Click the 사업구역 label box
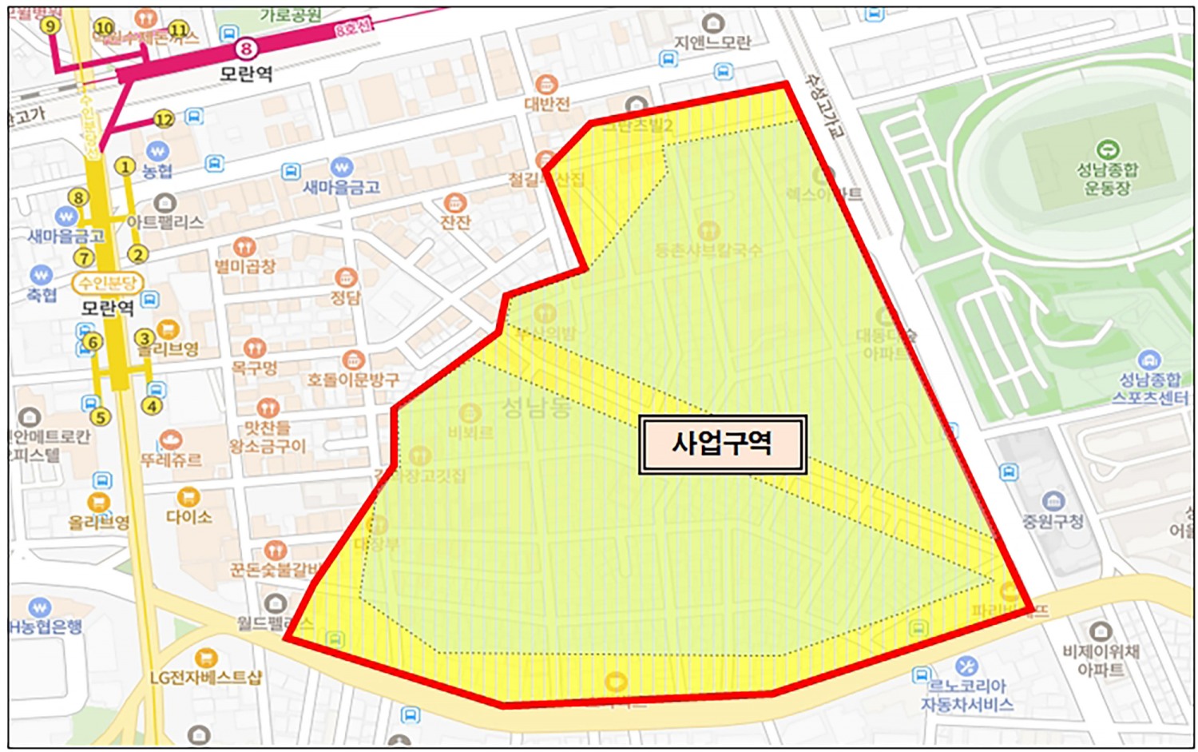click(722, 444)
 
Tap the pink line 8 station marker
click(246, 50)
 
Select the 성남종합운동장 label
click(1107, 179)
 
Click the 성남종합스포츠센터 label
click(1150, 388)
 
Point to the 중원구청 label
click(1053, 522)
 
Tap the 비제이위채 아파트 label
click(1101, 661)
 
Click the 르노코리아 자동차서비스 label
click(966, 695)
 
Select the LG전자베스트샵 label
click(205, 678)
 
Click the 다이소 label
click(188, 517)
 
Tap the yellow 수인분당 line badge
click(106, 283)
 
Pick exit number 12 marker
click(164, 120)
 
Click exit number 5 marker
click(100, 416)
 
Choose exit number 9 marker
click(51, 26)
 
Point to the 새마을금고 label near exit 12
click(341, 187)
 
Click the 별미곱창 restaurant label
click(244, 266)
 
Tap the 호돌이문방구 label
click(353, 380)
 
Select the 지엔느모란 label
click(712, 42)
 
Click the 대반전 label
click(547, 104)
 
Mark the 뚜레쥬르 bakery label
click(171, 460)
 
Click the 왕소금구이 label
click(268, 447)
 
